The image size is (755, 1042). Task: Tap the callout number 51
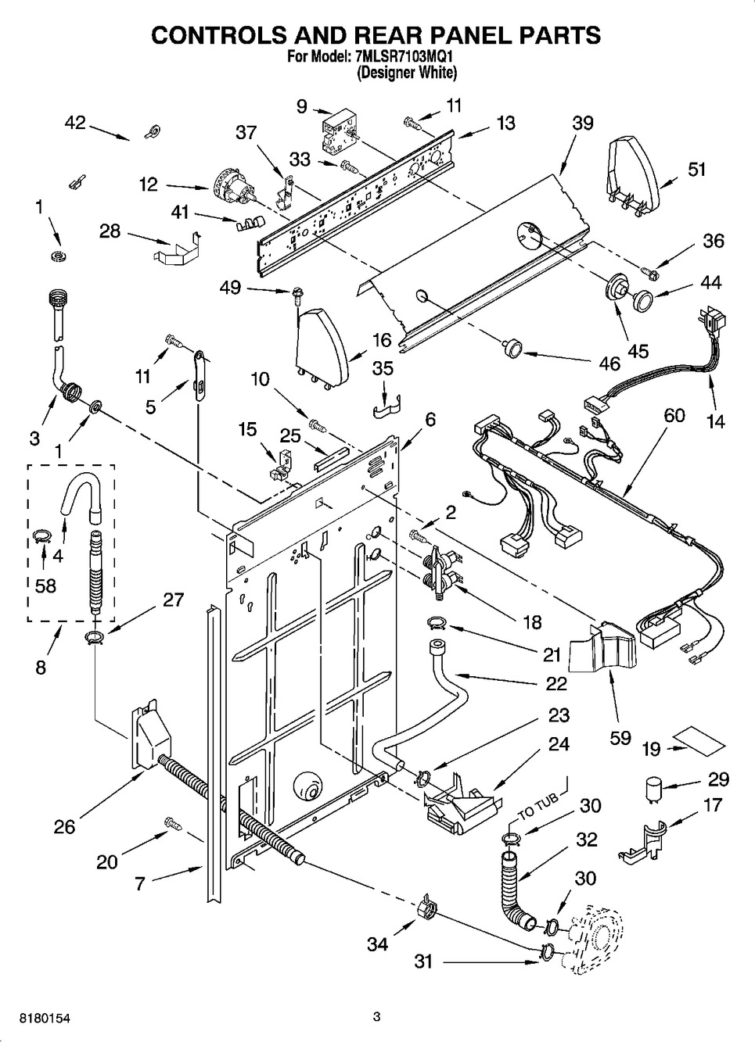[696, 169]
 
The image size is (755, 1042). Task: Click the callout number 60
[674, 415]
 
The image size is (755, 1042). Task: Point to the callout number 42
[75, 123]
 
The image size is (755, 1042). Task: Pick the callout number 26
[64, 826]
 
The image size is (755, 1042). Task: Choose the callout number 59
[620, 737]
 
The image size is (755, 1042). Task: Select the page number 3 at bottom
[376, 1016]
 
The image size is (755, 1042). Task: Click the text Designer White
[407, 73]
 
